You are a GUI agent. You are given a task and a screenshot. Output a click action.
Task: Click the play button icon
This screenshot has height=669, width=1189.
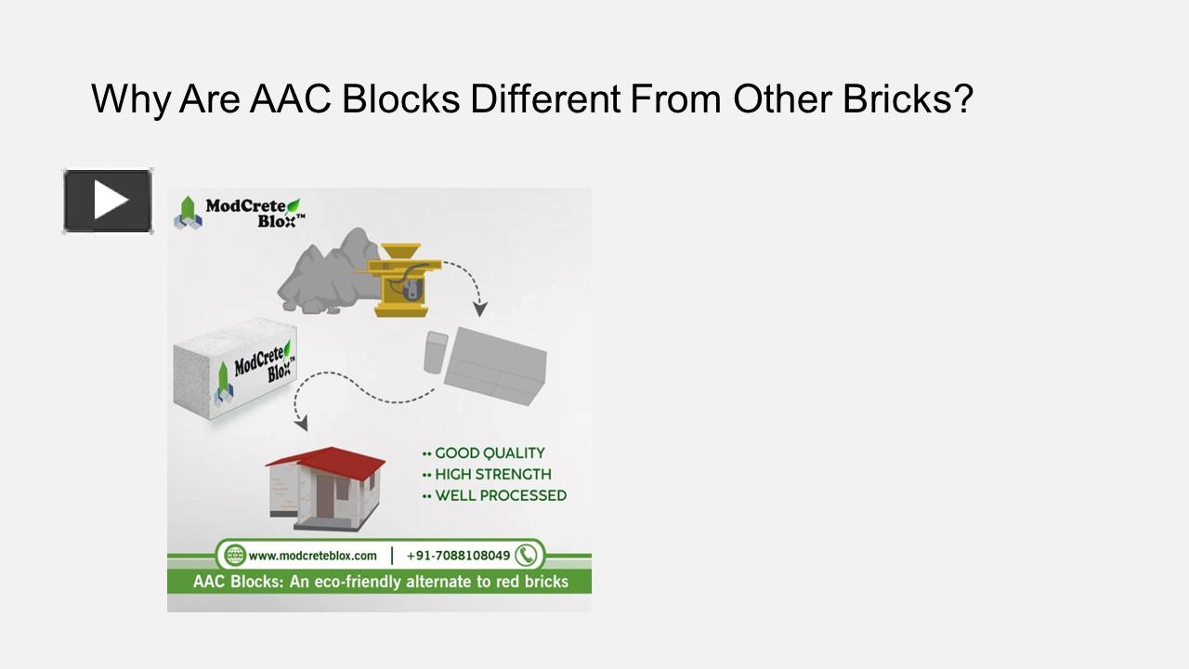(x=108, y=201)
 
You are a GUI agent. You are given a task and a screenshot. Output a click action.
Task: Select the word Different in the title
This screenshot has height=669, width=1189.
(x=545, y=98)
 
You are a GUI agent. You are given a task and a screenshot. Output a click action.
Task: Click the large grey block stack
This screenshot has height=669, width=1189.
(x=495, y=367)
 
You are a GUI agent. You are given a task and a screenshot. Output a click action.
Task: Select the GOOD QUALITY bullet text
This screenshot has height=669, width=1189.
(x=489, y=453)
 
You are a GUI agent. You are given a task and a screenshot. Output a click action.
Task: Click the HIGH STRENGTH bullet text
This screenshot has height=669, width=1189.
(x=492, y=475)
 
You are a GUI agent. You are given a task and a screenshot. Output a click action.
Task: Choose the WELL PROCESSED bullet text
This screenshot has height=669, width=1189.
(x=500, y=496)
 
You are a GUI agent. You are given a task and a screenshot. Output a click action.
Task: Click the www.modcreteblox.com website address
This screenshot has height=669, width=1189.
(x=312, y=556)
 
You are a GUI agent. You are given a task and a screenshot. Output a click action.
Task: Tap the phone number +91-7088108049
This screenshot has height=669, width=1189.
(x=458, y=556)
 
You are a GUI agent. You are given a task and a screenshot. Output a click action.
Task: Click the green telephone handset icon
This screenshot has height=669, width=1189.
(x=527, y=556)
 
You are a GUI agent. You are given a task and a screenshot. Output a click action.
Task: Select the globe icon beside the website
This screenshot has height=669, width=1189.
(x=235, y=556)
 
